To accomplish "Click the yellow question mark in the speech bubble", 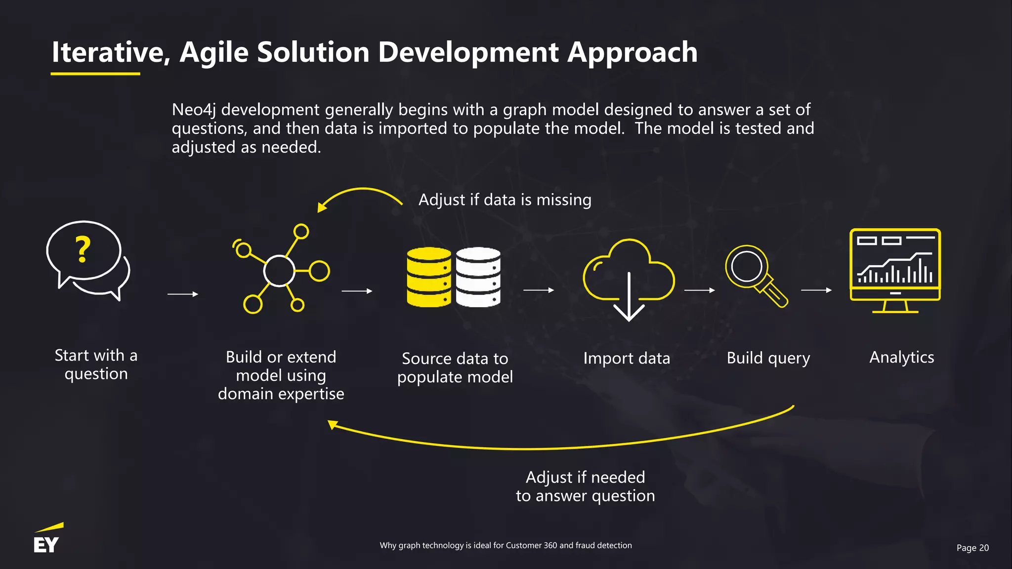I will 83,249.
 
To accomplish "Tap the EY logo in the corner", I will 47,540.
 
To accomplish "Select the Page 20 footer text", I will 972,548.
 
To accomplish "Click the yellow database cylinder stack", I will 428,277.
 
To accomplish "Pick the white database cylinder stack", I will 478,277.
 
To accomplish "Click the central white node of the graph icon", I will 279,271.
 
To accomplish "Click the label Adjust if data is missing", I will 505,200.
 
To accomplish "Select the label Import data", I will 626,358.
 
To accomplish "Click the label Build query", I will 768,358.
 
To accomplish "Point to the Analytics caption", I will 901,357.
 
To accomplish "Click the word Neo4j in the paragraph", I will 194,110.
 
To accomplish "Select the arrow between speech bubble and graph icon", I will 182,294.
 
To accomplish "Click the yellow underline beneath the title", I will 95,74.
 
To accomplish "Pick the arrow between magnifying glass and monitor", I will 816,290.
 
